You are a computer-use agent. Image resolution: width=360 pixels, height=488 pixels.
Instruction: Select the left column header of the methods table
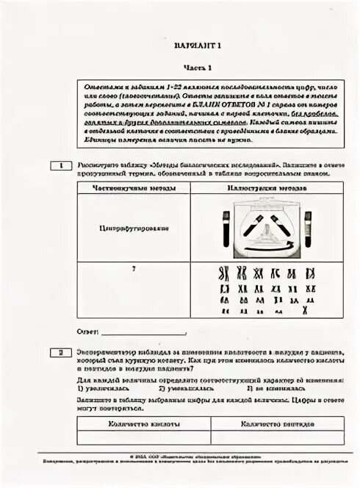(133, 188)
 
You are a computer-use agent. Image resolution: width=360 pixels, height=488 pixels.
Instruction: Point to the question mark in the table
(133, 270)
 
